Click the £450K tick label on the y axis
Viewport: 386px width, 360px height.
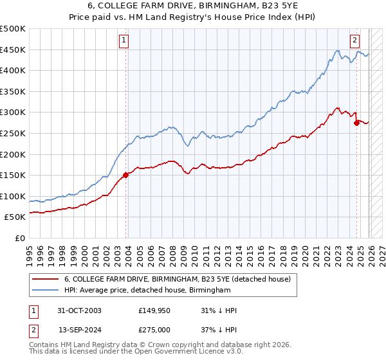coord(13,50)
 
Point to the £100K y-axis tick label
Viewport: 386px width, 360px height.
coord(13,196)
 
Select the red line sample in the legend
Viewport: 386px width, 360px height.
coord(46,279)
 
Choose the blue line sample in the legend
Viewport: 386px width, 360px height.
coord(46,291)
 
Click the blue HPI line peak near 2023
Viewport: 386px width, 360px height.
coord(336,50)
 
